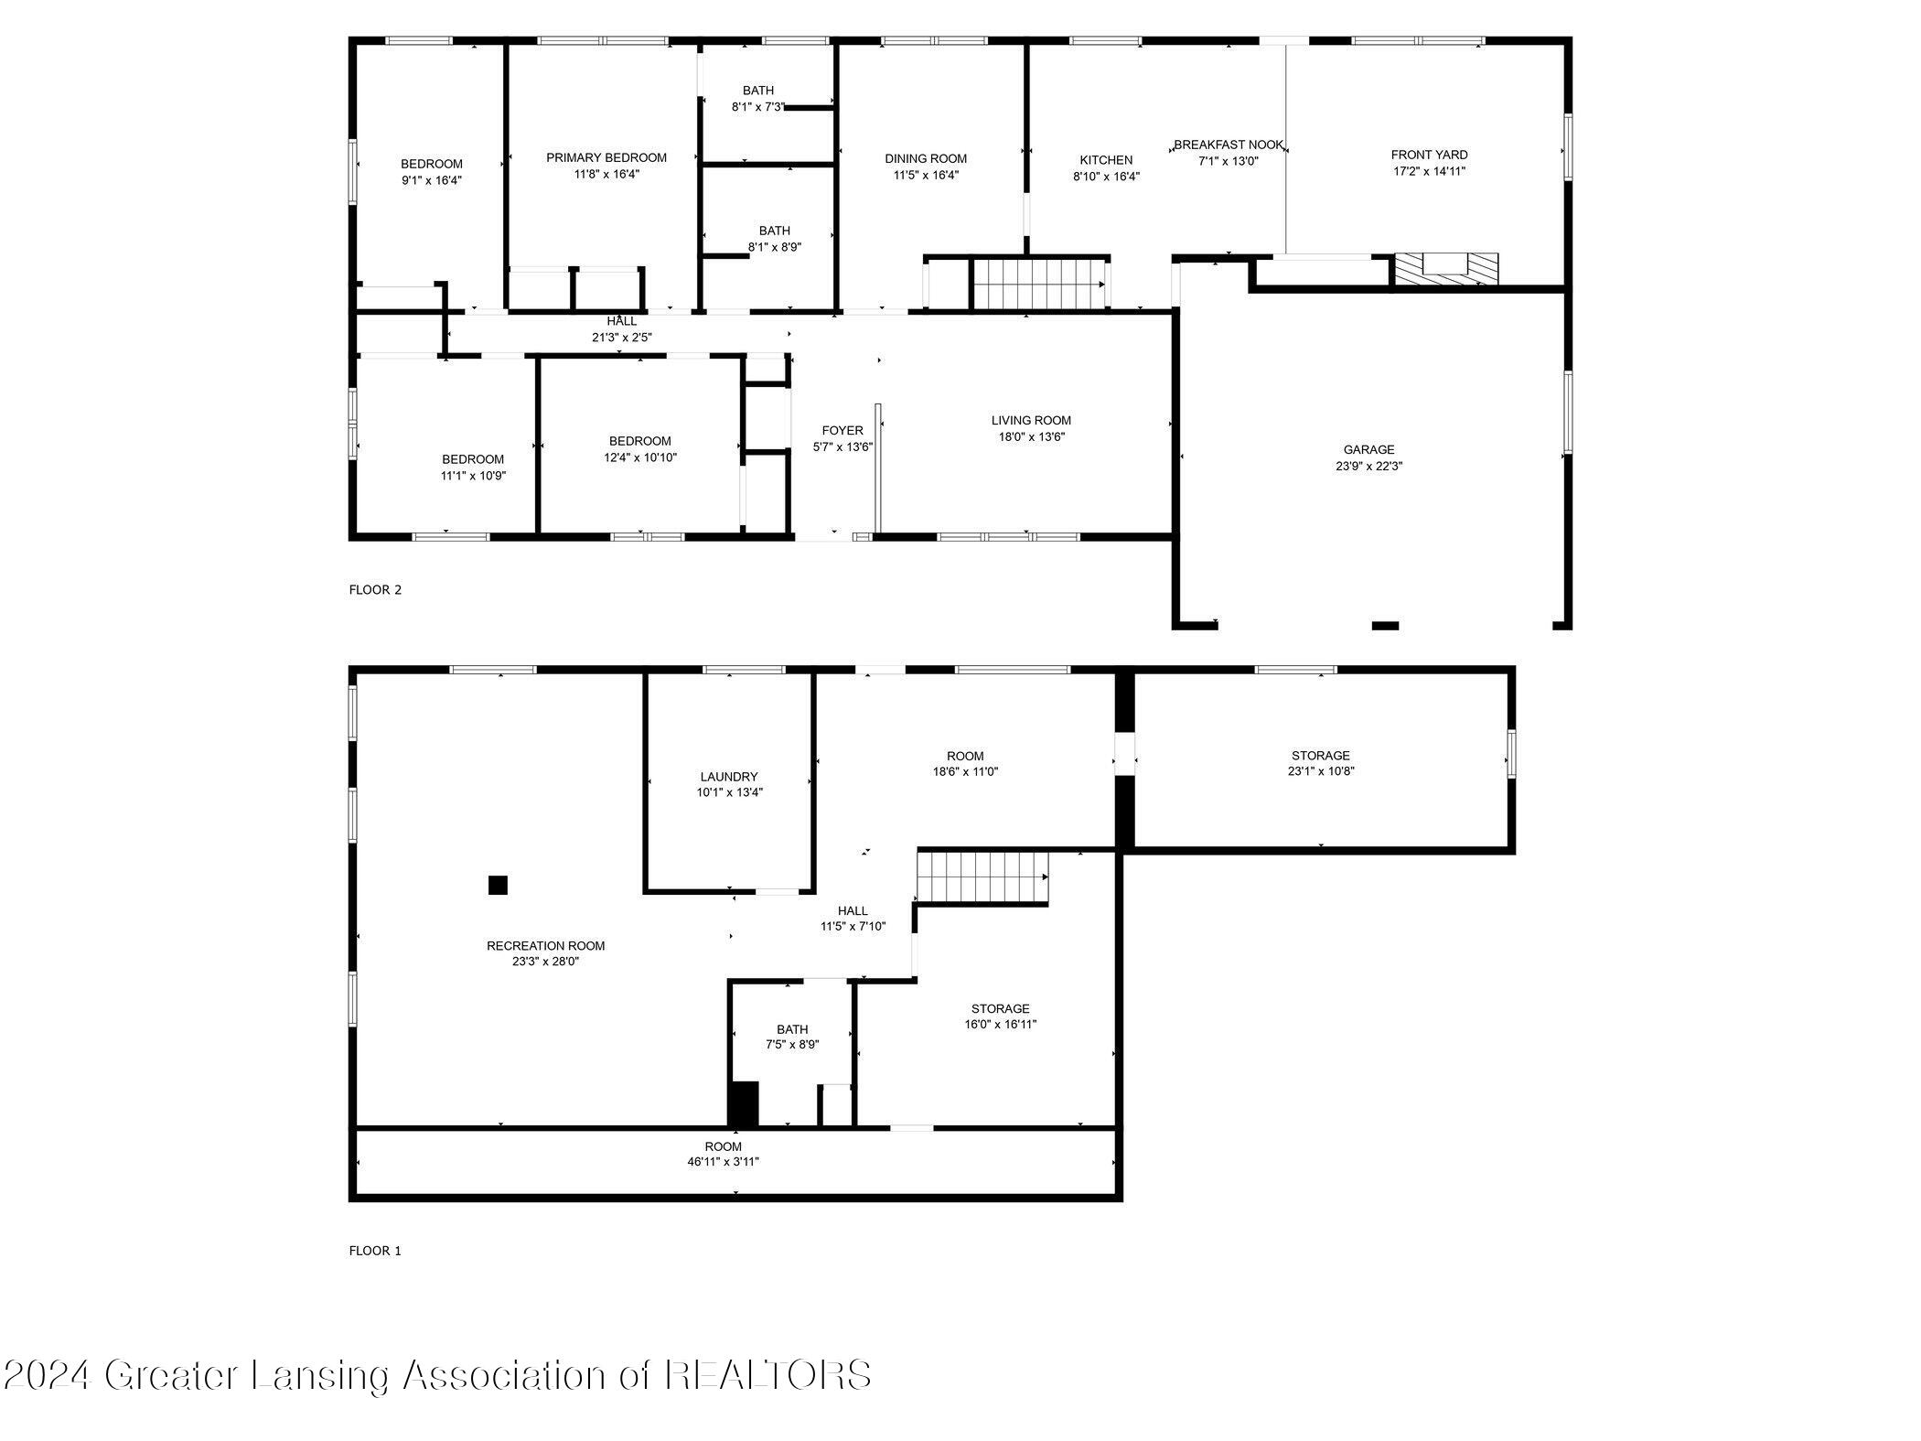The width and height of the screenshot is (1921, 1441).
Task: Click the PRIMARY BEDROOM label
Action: tap(606, 157)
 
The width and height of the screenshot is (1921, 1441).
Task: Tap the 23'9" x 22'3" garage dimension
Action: tap(1368, 466)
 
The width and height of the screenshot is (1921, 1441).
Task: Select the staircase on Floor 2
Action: tap(1037, 285)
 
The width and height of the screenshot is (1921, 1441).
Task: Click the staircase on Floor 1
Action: tap(982, 876)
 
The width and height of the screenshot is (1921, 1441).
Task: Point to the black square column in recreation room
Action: tap(498, 885)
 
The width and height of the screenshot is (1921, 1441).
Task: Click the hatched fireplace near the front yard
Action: tap(1446, 268)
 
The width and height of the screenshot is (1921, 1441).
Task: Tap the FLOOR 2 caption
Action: tap(375, 590)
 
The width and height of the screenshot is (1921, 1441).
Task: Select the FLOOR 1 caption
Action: tap(375, 1251)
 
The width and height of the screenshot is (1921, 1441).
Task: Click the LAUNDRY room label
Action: tap(729, 777)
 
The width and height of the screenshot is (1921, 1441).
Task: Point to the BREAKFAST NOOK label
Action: tap(1229, 145)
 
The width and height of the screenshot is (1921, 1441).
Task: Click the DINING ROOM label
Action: tap(926, 158)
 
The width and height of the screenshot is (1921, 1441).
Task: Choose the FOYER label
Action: tap(842, 430)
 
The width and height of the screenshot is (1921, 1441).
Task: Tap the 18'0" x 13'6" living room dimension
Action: tap(1031, 436)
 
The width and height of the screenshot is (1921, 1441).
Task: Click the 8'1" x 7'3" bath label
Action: tap(757, 106)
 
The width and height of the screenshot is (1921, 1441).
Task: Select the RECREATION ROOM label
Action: tap(545, 946)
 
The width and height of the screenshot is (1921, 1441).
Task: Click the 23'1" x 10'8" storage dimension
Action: tap(1320, 770)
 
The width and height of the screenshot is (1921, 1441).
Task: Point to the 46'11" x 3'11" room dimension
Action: tap(723, 1162)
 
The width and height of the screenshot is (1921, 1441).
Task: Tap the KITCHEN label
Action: tap(1106, 160)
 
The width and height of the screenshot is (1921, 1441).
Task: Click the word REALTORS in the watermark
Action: tap(767, 1375)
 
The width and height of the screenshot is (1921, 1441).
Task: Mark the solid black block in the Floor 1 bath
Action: tap(744, 1103)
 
